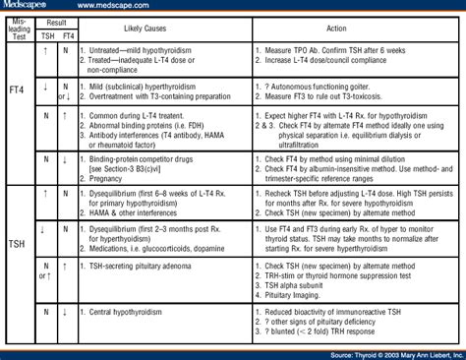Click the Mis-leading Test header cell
pos(19,26)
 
